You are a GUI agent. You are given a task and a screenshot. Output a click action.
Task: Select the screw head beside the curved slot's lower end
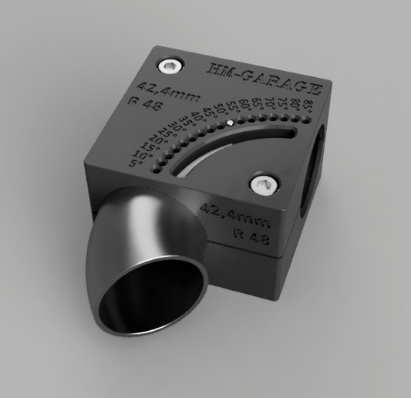(264, 184)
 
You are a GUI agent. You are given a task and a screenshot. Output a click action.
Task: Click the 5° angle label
(139, 164)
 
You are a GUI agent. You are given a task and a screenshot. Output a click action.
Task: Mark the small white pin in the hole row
(230, 122)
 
